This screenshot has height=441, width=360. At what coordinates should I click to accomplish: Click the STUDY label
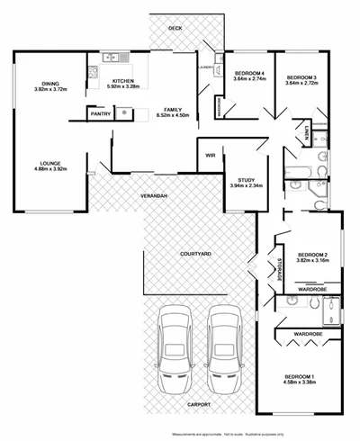click(x=241, y=180)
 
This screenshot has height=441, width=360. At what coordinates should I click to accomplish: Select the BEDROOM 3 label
click(x=302, y=78)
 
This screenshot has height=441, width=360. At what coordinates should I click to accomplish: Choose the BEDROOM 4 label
click(x=249, y=72)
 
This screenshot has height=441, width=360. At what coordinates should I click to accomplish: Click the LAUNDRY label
click(x=205, y=67)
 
